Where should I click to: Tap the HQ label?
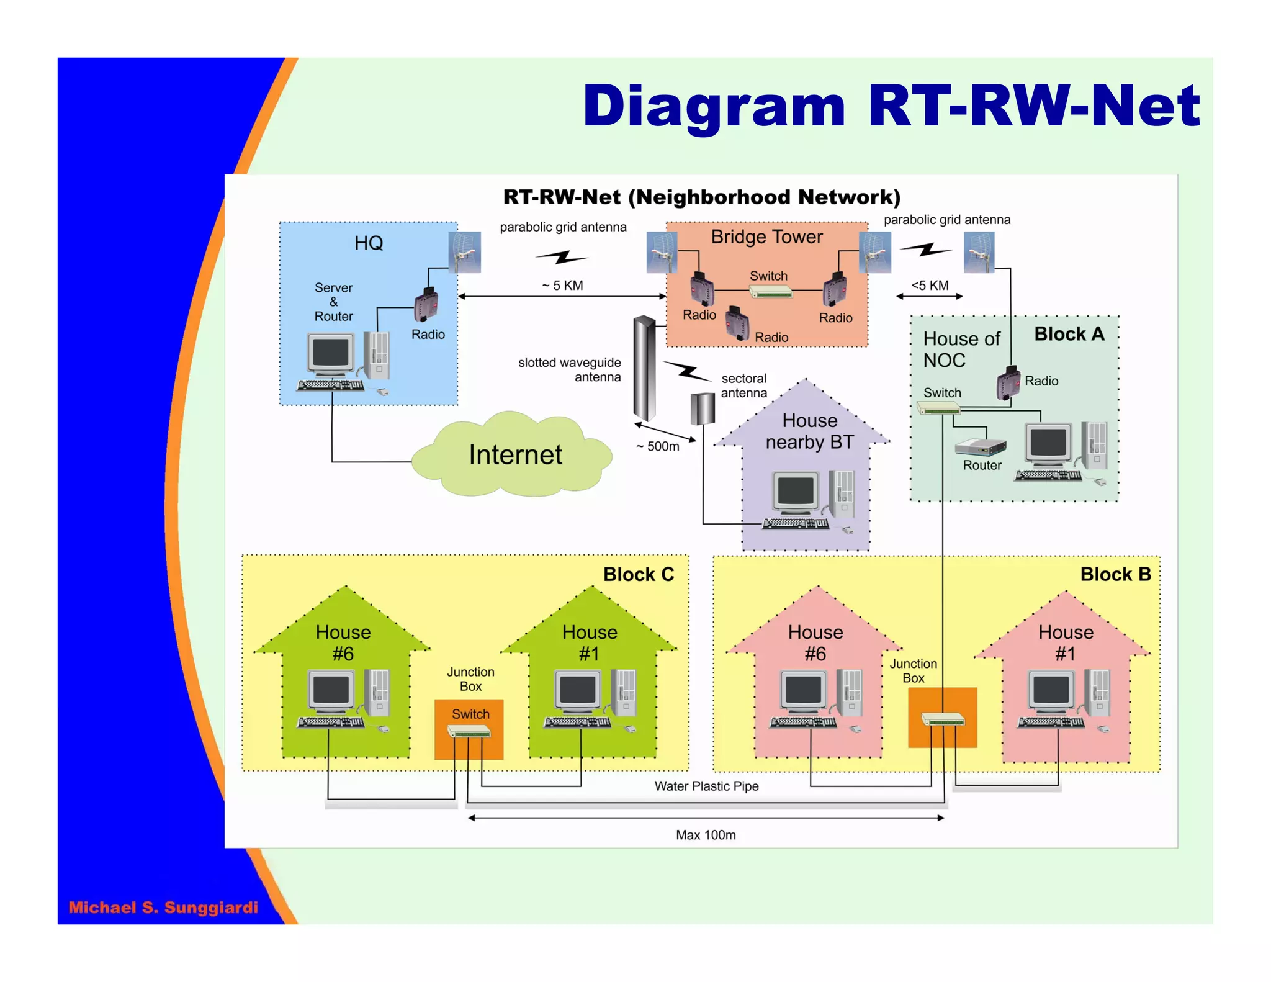point(369,243)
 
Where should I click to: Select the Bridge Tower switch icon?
point(770,291)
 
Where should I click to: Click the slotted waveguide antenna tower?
point(644,369)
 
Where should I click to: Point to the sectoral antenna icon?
point(703,408)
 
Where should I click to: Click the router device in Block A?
point(980,447)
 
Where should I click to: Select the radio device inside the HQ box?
point(426,304)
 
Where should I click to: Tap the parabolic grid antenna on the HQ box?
point(464,252)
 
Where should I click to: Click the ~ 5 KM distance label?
point(562,286)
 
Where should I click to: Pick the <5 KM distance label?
point(930,286)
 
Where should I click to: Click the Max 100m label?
point(706,835)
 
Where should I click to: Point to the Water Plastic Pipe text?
point(706,786)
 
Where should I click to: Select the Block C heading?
point(639,574)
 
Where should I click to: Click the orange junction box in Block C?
point(469,730)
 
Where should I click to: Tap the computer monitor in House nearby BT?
point(796,492)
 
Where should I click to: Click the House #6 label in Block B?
point(815,642)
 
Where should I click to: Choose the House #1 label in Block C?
point(590,642)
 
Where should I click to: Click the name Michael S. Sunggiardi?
point(163,908)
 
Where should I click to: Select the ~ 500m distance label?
point(658,446)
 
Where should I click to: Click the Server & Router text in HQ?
point(333,302)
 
